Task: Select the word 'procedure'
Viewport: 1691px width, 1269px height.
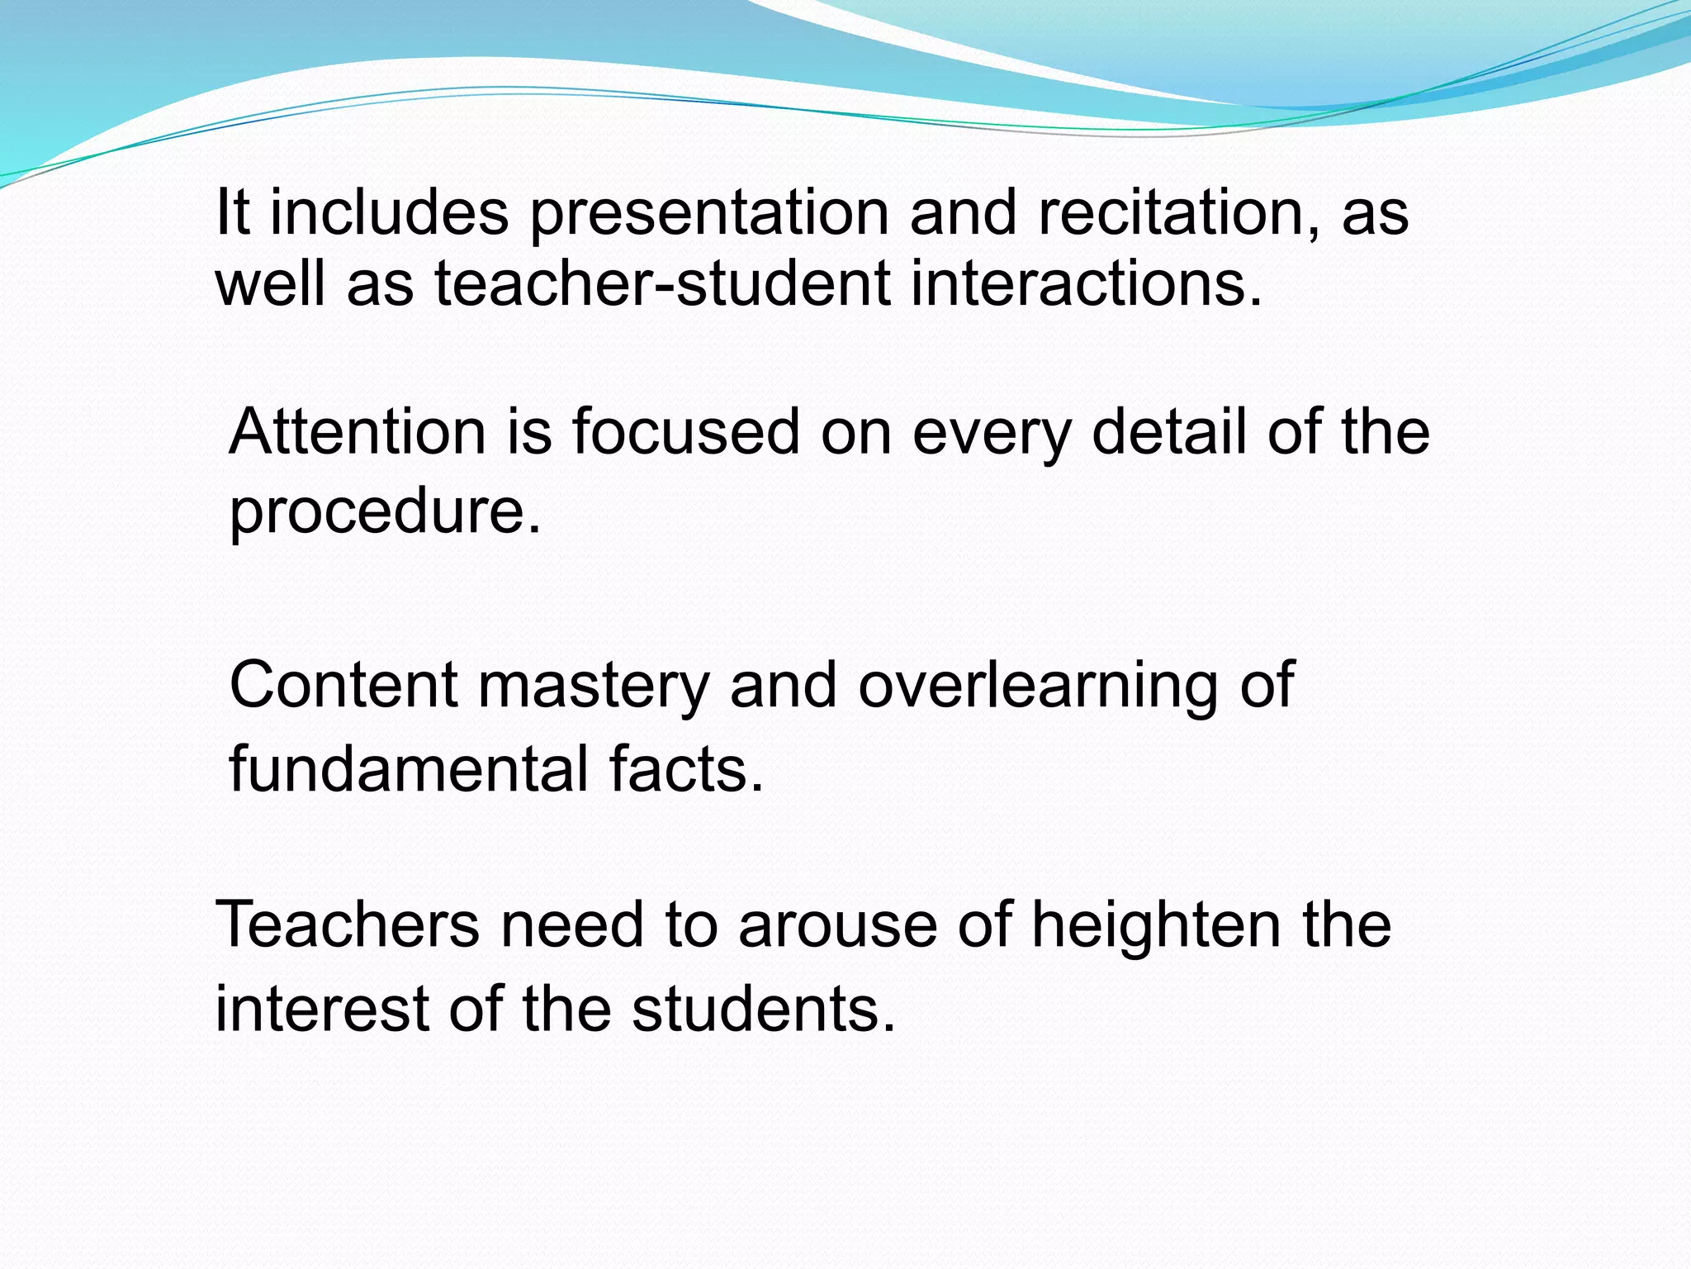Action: coord(384,511)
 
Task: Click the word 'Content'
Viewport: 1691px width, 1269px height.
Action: coord(343,685)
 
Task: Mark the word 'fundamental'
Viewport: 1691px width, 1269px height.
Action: coord(408,769)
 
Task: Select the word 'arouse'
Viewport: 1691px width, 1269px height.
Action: coord(838,926)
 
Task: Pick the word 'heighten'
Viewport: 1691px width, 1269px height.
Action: coord(1156,926)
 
